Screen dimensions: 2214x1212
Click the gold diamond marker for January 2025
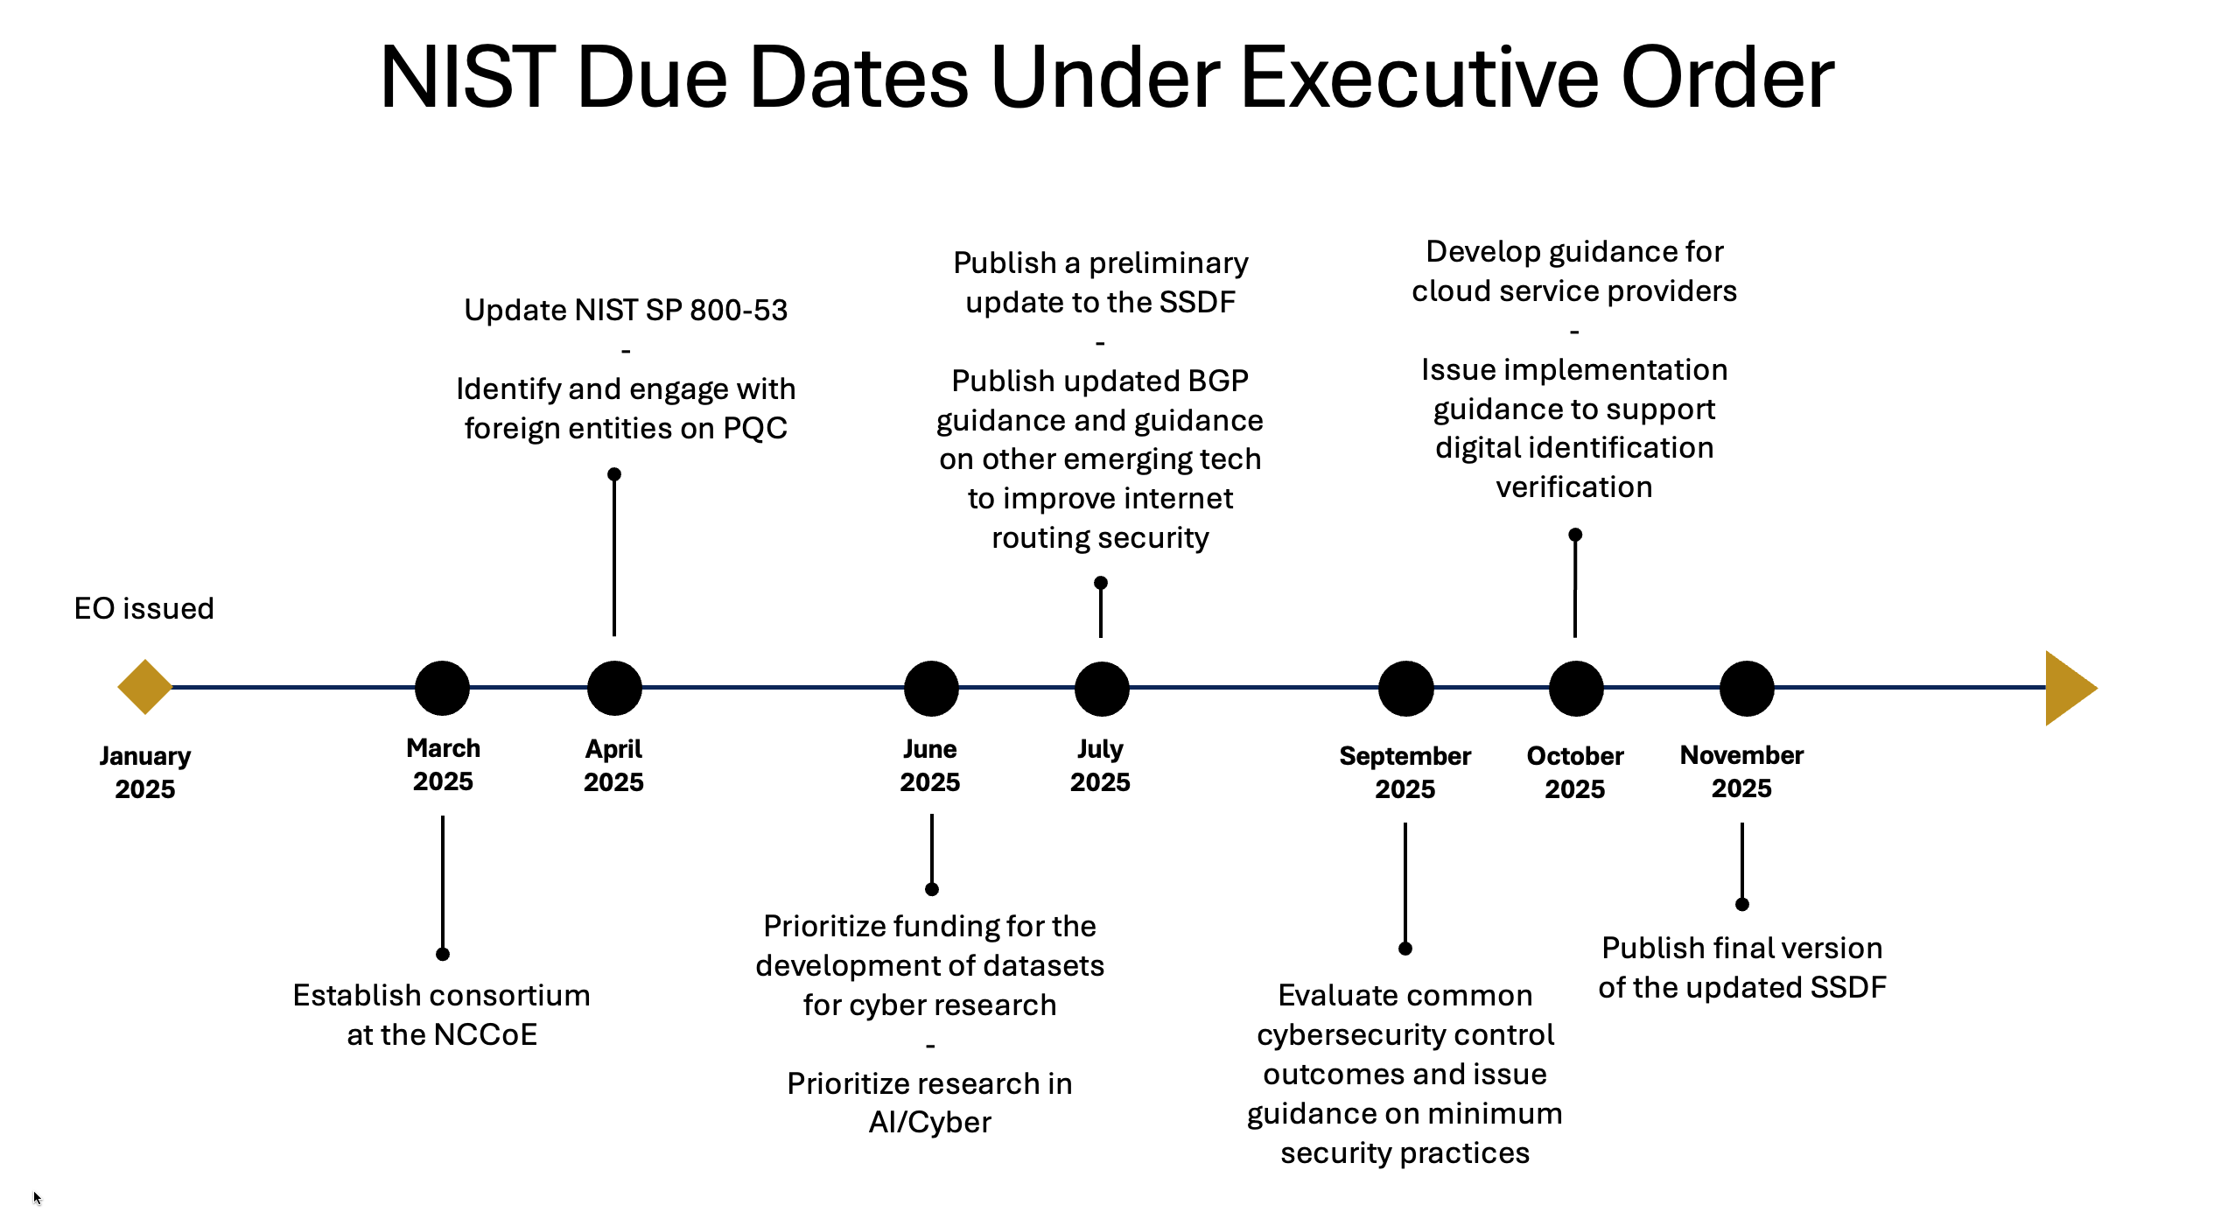tap(145, 687)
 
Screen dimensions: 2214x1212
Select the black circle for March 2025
tap(443, 688)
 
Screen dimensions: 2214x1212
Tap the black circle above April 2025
tap(614, 688)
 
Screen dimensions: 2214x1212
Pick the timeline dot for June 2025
tap(931, 688)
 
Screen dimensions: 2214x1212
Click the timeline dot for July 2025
tap(1102, 688)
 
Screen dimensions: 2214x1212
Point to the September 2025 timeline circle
tap(1406, 688)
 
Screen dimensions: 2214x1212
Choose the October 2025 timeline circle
tap(1576, 688)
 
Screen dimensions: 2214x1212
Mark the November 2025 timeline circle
tap(1747, 688)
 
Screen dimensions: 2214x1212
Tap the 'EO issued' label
tap(144, 608)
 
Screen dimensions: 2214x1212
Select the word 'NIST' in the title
tap(468, 79)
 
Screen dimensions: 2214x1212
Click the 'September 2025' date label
tap(1405, 772)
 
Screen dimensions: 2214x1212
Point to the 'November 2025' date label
tap(1741, 771)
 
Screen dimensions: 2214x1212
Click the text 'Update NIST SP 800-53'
tap(626, 310)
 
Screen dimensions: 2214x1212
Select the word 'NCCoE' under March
tap(485, 1034)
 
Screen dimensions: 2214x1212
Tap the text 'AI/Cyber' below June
tap(930, 1122)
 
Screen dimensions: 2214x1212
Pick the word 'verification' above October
tap(1574, 487)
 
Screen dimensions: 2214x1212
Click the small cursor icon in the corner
tap(37, 1198)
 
